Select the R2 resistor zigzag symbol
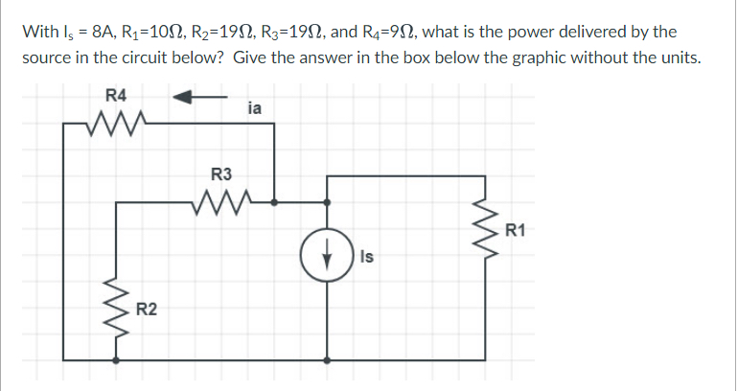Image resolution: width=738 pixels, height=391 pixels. (x=118, y=306)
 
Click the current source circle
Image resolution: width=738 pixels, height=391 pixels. (x=328, y=257)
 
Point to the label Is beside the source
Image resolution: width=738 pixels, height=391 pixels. (x=367, y=257)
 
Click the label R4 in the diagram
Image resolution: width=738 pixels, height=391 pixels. (x=115, y=95)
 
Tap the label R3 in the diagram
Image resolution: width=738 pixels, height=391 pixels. (x=220, y=174)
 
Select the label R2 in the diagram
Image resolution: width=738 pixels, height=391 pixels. (x=147, y=309)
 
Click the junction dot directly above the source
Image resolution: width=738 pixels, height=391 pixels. (x=328, y=202)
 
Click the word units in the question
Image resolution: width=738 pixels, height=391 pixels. (x=683, y=57)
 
